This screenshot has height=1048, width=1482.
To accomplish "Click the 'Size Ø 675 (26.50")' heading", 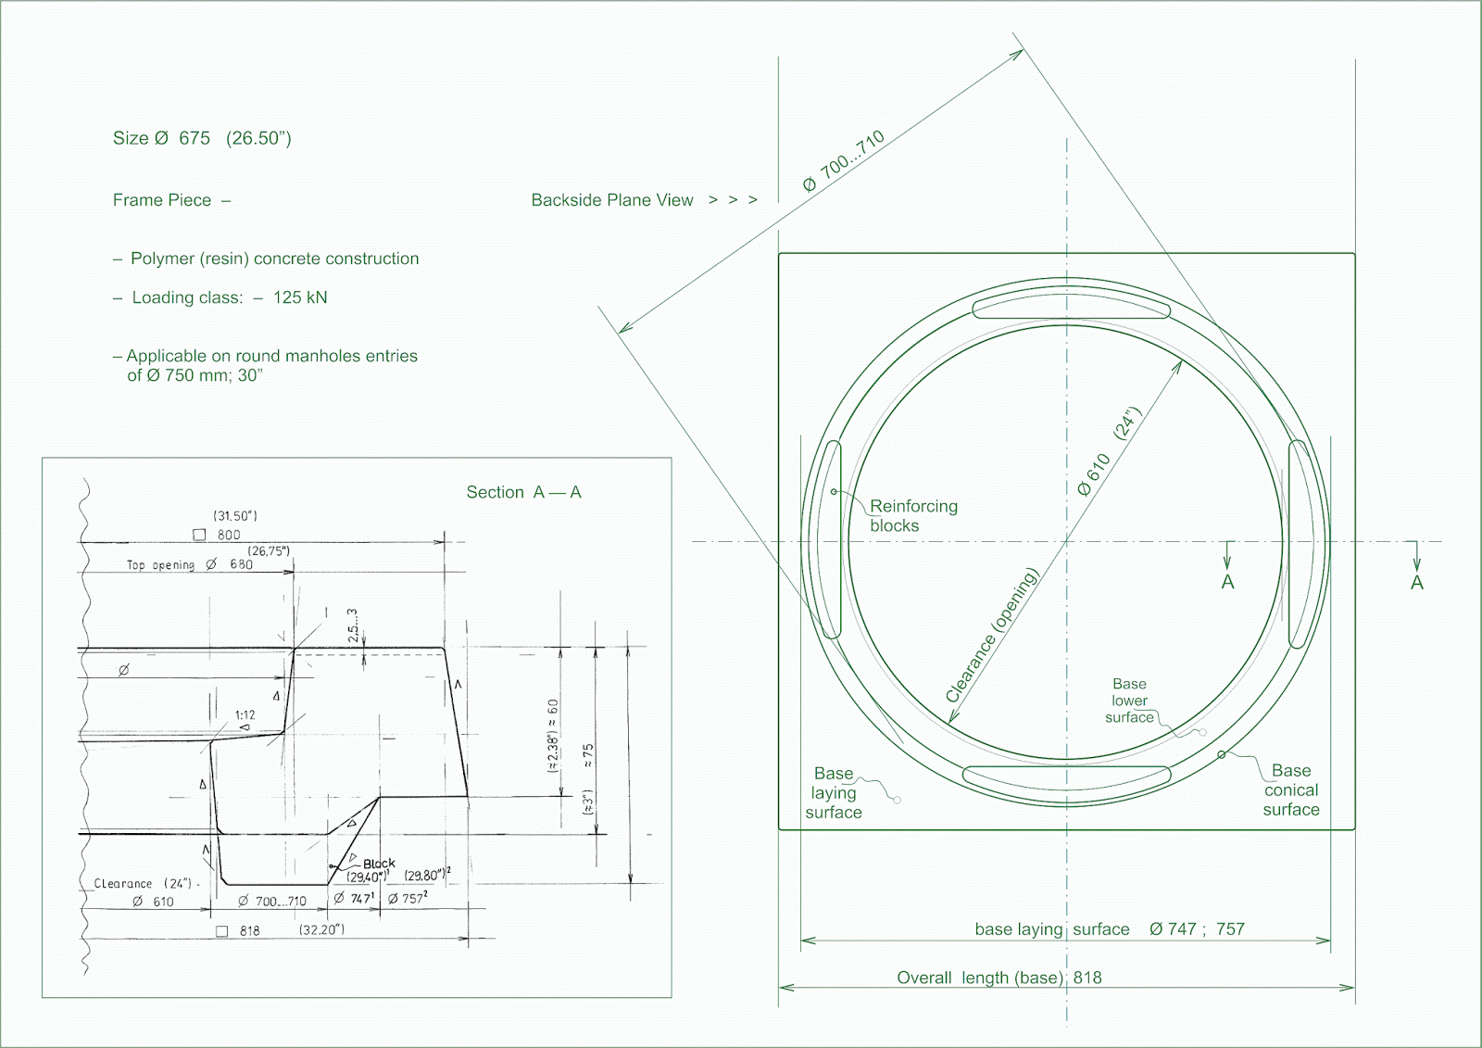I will (202, 138).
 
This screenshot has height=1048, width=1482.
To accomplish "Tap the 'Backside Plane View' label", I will (611, 200).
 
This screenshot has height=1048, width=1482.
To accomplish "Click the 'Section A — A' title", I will (523, 492).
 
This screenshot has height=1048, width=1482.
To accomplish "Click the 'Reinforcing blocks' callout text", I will (912, 515).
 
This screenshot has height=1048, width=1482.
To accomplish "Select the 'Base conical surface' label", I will (1290, 789).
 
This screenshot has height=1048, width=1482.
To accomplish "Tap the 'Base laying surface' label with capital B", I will (833, 792).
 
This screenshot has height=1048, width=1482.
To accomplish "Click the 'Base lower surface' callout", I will (1129, 701).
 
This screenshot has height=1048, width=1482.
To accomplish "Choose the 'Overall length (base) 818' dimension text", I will (998, 978).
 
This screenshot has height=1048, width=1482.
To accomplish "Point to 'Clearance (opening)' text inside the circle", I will (992, 636).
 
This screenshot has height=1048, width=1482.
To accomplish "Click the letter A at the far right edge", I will (1416, 583).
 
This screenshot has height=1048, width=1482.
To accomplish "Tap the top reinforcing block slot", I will (1072, 304).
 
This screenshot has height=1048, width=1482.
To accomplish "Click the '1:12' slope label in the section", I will (245, 715).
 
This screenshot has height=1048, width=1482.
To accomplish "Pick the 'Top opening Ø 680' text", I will (189, 564).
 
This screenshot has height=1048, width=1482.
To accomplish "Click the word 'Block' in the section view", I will (379, 863).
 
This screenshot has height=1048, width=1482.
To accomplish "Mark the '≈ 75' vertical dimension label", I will (588, 755).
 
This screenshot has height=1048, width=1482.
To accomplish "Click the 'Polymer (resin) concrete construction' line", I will (274, 259).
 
